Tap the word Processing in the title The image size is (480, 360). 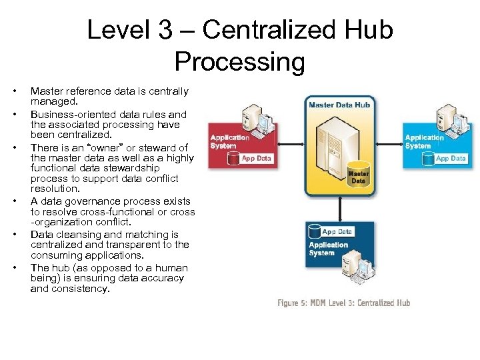coord(240,62)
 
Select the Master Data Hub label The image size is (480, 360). coord(340,105)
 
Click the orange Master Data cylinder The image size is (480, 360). coord(359,175)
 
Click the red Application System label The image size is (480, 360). coord(229,142)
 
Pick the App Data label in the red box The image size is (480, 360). coord(257,159)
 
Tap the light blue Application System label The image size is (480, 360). coord(425,142)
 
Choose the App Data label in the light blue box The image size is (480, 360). coord(451,159)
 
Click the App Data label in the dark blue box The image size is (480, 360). coord(337,232)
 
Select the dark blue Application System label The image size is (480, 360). coord(328,249)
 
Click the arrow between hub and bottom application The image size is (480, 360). coord(340,208)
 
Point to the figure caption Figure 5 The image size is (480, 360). coord(344,303)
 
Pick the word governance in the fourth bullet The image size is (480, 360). coord(80,201)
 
